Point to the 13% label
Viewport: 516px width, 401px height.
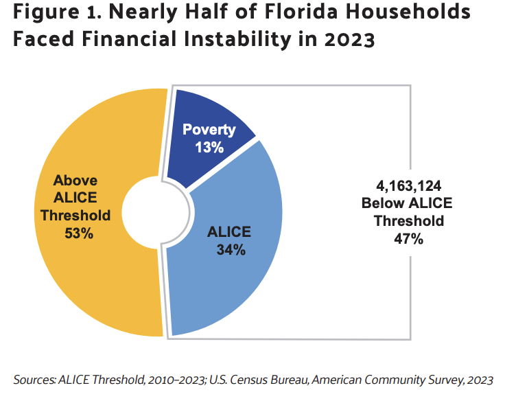coord(209,146)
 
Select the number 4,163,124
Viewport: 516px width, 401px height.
coord(409,185)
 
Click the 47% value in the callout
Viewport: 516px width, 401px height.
coord(409,239)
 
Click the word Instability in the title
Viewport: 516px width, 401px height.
coord(233,40)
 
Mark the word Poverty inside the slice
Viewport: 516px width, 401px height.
coord(209,130)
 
